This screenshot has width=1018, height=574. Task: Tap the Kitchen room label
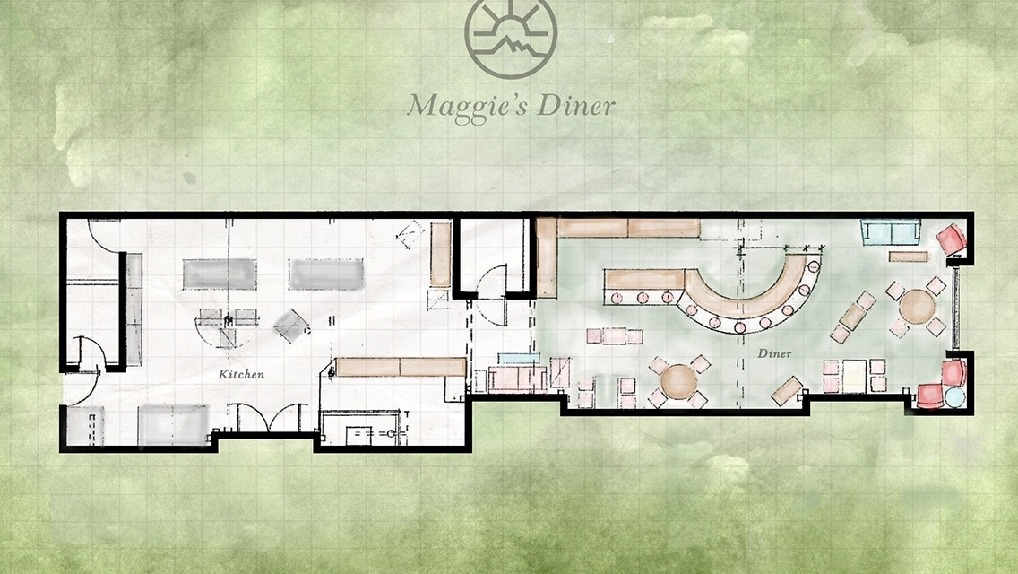pyautogui.click(x=241, y=374)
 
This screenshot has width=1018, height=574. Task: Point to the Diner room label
pyautogui.click(x=774, y=353)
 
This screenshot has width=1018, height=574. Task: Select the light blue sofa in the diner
pyautogui.click(x=891, y=232)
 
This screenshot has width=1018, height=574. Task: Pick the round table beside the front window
pyautogui.click(x=917, y=306)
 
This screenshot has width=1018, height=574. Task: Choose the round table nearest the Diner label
pyautogui.click(x=679, y=381)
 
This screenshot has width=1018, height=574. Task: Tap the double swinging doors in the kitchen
pyautogui.click(x=267, y=417)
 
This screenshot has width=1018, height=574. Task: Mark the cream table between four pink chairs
pyautogui.click(x=854, y=376)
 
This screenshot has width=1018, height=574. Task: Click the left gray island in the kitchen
pyautogui.click(x=219, y=274)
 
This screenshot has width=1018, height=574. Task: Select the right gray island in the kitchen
pyautogui.click(x=325, y=274)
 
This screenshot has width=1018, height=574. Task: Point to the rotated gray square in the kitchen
pyautogui.click(x=291, y=325)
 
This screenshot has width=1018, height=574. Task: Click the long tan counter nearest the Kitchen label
pyautogui.click(x=401, y=367)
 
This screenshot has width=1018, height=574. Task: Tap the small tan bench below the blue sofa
pyautogui.click(x=908, y=257)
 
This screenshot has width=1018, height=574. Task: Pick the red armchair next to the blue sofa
pyautogui.click(x=952, y=239)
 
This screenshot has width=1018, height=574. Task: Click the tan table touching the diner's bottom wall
pyautogui.click(x=787, y=390)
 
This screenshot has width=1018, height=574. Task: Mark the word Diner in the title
pyautogui.click(x=576, y=104)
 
